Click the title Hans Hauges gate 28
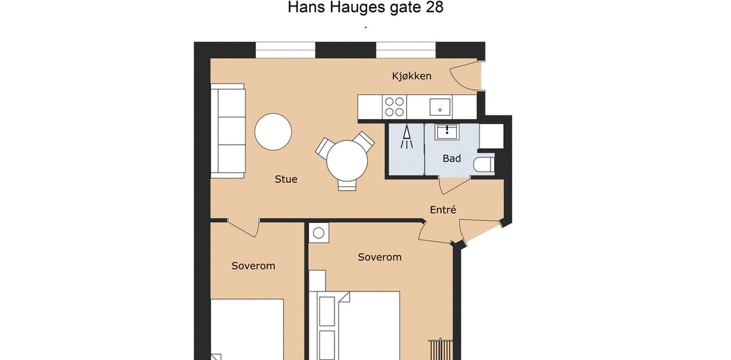click(x=365, y=7)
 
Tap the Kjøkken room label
click(x=412, y=76)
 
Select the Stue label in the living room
click(x=286, y=179)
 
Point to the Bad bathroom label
click(x=452, y=158)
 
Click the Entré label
click(x=443, y=210)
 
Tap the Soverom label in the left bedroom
click(x=253, y=266)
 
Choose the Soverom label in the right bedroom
click(x=380, y=257)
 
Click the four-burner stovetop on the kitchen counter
click(x=395, y=107)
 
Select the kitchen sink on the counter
click(x=440, y=107)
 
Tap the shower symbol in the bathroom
click(x=407, y=137)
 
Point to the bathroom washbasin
click(x=447, y=131)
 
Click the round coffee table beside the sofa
click(x=273, y=132)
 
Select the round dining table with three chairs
click(x=347, y=161)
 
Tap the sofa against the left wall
click(x=228, y=131)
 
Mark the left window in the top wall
click(x=285, y=50)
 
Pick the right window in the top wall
click(x=405, y=50)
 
